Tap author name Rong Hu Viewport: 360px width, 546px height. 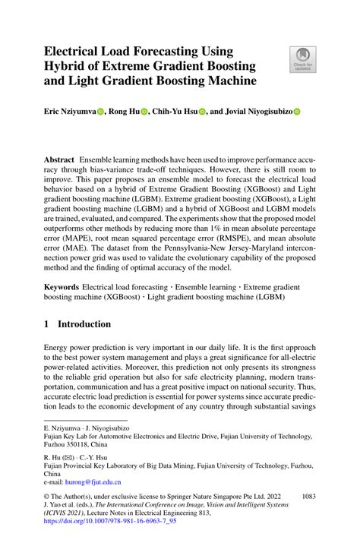tap(123, 110)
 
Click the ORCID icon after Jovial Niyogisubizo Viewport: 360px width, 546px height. tap(297, 110)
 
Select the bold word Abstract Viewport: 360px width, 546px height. tap(58, 161)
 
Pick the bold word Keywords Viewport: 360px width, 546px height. tap(62, 289)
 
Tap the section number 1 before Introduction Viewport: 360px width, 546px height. tap(46, 324)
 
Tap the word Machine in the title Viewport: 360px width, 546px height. tap(225, 80)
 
